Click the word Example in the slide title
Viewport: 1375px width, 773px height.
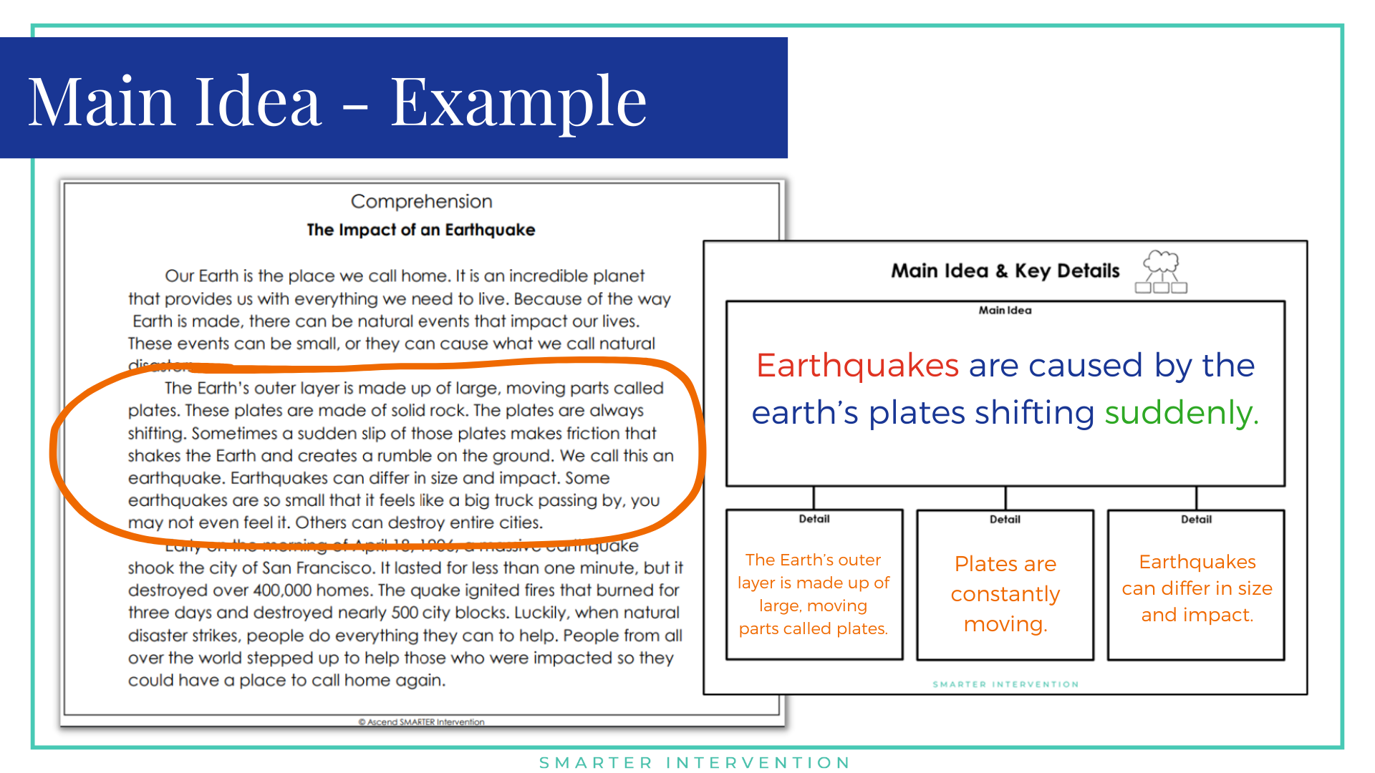[x=518, y=102]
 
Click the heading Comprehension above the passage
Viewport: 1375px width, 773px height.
[x=421, y=202]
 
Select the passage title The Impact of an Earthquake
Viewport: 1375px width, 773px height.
[x=420, y=230]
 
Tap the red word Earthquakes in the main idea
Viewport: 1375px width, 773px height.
[x=857, y=366]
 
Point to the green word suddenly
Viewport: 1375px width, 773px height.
[x=1181, y=413]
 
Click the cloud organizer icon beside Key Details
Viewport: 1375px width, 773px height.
[x=1161, y=271]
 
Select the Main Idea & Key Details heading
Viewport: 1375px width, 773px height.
[x=1005, y=271]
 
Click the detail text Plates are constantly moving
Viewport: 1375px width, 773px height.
[x=1005, y=593]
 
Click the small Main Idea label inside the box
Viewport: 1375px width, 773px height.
[x=1005, y=311]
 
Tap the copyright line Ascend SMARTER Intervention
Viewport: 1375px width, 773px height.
[x=421, y=722]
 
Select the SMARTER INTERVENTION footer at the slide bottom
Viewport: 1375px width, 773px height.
[x=695, y=763]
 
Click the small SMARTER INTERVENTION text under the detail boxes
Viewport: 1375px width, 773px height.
[x=1005, y=685]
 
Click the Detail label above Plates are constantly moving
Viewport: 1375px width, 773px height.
[x=1005, y=520]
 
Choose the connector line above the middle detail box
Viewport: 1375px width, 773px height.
[x=1005, y=498]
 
